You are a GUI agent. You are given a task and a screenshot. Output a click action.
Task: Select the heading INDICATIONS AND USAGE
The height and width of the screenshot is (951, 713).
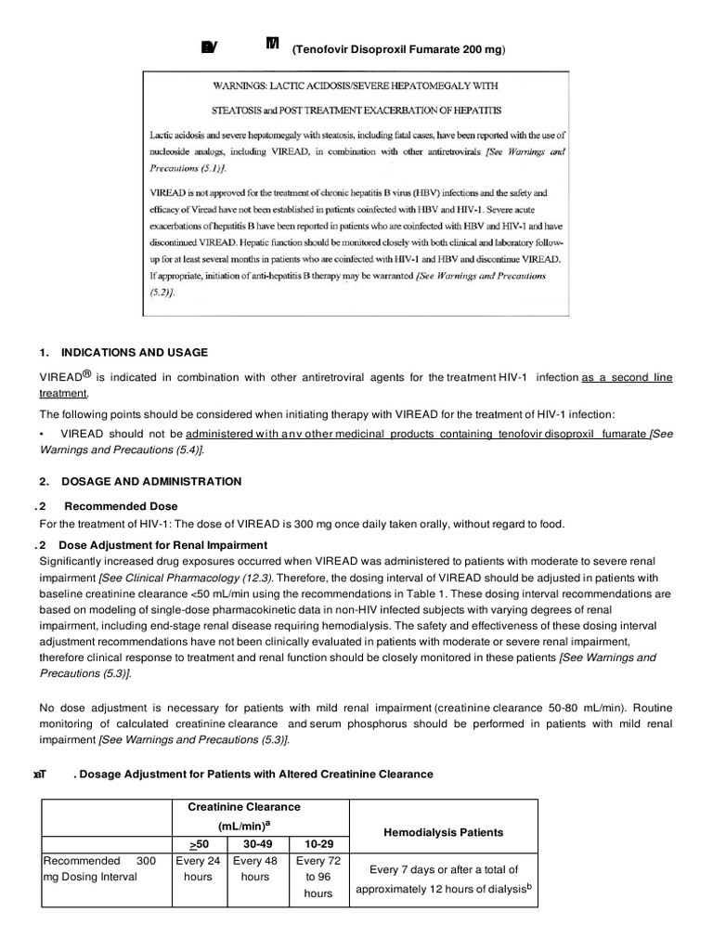pyautogui.click(x=134, y=353)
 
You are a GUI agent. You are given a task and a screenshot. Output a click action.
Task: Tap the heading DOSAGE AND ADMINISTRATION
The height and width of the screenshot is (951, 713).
pyautogui.click(x=150, y=481)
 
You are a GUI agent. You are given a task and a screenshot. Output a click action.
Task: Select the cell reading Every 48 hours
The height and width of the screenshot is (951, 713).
pyautogui.click(x=255, y=868)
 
